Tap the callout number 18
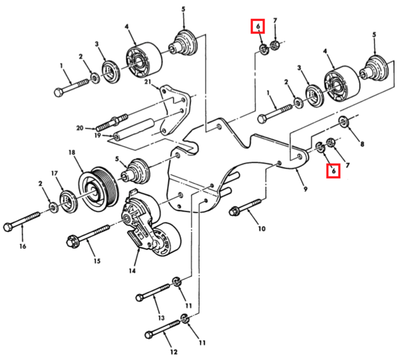[x=71, y=153]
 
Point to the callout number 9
[x=305, y=189]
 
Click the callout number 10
[x=261, y=228]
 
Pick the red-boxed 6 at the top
[x=258, y=26]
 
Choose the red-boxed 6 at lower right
[x=334, y=171]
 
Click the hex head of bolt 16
[x=9, y=226]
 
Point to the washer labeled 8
[x=343, y=122]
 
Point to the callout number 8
[x=362, y=144]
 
